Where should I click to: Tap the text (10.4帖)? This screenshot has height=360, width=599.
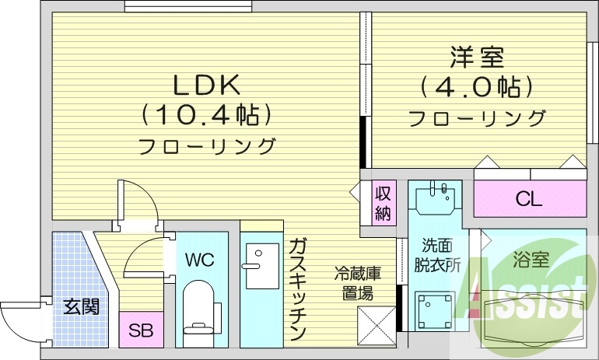(x=207, y=114)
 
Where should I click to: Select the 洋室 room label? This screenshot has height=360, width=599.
(x=477, y=56)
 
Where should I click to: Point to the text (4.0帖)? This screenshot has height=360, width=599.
(x=476, y=86)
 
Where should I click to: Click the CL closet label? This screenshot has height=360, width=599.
(x=529, y=199)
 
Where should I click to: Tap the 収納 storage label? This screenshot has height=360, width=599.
(x=383, y=203)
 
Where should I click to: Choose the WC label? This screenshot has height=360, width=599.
(x=200, y=259)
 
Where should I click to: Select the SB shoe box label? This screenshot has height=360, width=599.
(x=142, y=330)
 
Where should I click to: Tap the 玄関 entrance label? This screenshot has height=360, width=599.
(x=80, y=306)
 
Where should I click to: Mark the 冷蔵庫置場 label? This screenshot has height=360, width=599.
(x=358, y=283)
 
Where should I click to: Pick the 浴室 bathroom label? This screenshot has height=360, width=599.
(x=530, y=260)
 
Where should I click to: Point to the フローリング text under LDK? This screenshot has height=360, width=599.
(x=207, y=145)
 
